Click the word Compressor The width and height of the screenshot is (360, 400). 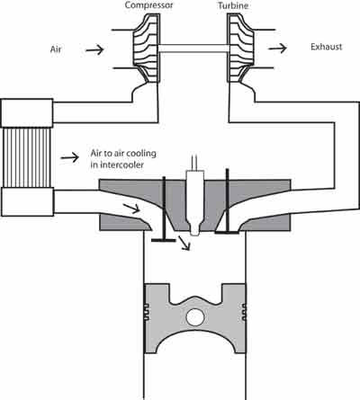point(148,5)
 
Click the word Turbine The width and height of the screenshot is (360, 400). point(233,5)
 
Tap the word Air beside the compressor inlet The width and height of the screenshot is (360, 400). point(56,49)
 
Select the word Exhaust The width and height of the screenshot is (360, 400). point(327,47)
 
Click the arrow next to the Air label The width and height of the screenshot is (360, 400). point(94,49)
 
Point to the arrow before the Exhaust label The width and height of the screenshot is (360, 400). point(277,48)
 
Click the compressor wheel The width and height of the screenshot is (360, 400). point(146,49)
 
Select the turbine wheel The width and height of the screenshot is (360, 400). point(240,49)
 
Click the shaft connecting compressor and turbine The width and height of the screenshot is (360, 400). point(193,49)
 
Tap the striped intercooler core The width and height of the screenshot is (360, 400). point(26,157)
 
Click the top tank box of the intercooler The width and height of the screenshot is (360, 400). point(27,113)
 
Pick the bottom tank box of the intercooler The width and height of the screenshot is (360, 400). point(27,201)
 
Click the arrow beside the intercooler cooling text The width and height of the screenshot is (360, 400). point(70,157)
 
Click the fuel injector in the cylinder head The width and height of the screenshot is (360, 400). point(195,203)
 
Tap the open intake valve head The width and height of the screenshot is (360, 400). point(164,240)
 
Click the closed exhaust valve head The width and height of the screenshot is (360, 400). point(227,232)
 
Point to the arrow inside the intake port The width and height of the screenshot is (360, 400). point(131,209)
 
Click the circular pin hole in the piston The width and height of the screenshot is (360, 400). point(195,317)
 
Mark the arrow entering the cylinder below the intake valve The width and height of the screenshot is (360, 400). point(184,243)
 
